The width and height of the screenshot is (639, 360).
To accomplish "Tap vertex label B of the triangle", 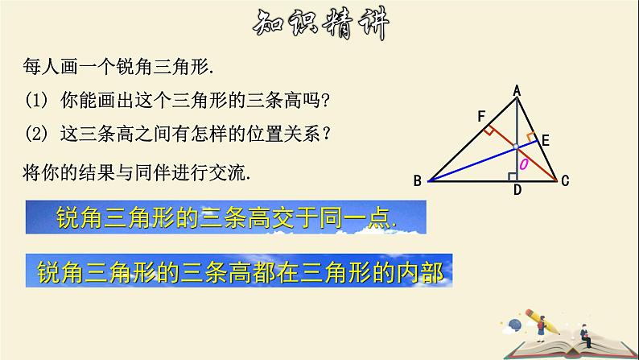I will (x=417, y=181).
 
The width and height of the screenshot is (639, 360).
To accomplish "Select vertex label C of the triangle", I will (x=565, y=181).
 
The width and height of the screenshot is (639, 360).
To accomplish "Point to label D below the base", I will (x=517, y=190).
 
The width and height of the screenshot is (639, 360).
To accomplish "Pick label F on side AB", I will (x=482, y=118).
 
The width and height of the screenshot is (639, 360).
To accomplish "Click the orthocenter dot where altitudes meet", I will (x=517, y=148).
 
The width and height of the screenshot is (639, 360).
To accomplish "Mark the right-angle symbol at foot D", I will (x=513, y=176).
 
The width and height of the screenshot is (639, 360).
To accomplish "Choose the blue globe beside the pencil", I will (x=515, y=326).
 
